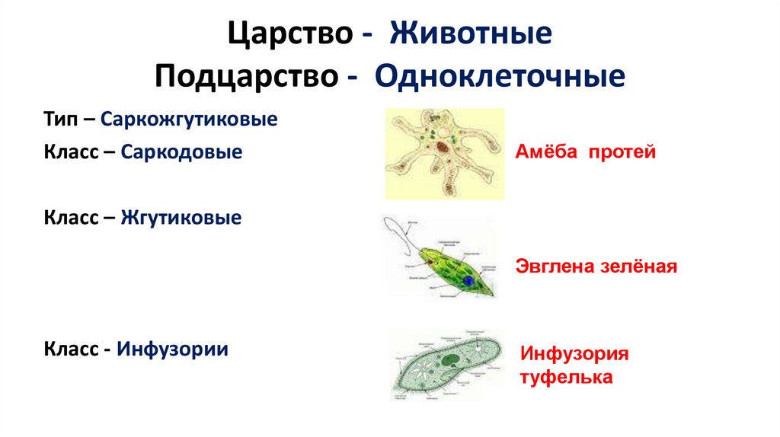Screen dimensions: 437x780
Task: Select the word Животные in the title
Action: click(x=471, y=35)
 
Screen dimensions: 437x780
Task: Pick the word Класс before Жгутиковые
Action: click(x=69, y=218)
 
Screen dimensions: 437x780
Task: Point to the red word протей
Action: click(x=622, y=152)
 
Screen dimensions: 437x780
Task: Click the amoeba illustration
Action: click(x=444, y=153)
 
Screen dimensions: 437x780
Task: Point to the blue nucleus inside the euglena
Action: click(x=468, y=280)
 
